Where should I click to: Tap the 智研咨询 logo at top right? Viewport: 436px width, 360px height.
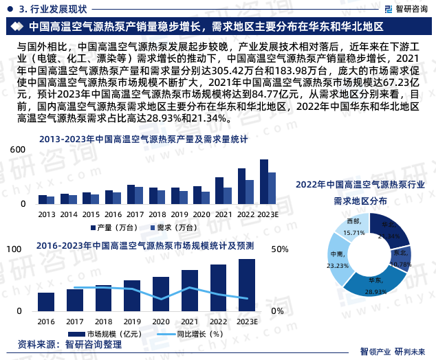pos(402,8)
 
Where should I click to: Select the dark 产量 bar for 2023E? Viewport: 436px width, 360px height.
pos(263,182)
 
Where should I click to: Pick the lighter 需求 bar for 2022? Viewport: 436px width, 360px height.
pos(250,192)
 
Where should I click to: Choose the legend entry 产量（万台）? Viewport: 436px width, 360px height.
pos(113,227)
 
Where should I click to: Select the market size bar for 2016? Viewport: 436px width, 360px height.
pos(46,302)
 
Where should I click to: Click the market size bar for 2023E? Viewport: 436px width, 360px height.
pos(247,285)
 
